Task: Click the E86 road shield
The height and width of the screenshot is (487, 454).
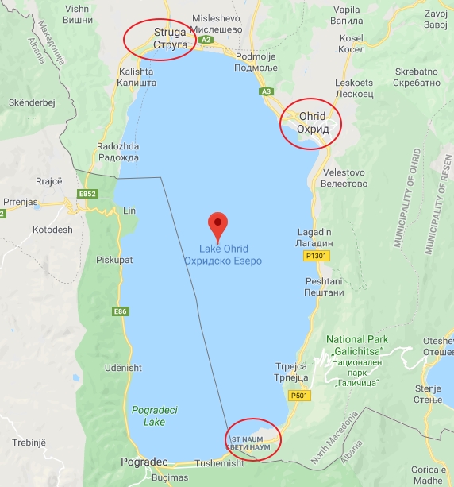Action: tap(120, 311)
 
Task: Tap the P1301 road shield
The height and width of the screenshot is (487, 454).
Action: tap(315, 256)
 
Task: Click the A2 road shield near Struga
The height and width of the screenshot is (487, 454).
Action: tap(206, 39)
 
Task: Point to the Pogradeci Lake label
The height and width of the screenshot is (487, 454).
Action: tap(149, 415)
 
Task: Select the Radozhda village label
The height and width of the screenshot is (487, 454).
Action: tap(117, 152)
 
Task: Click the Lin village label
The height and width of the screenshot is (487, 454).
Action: tap(130, 211)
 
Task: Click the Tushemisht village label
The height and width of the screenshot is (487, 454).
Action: tap(219, 463)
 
